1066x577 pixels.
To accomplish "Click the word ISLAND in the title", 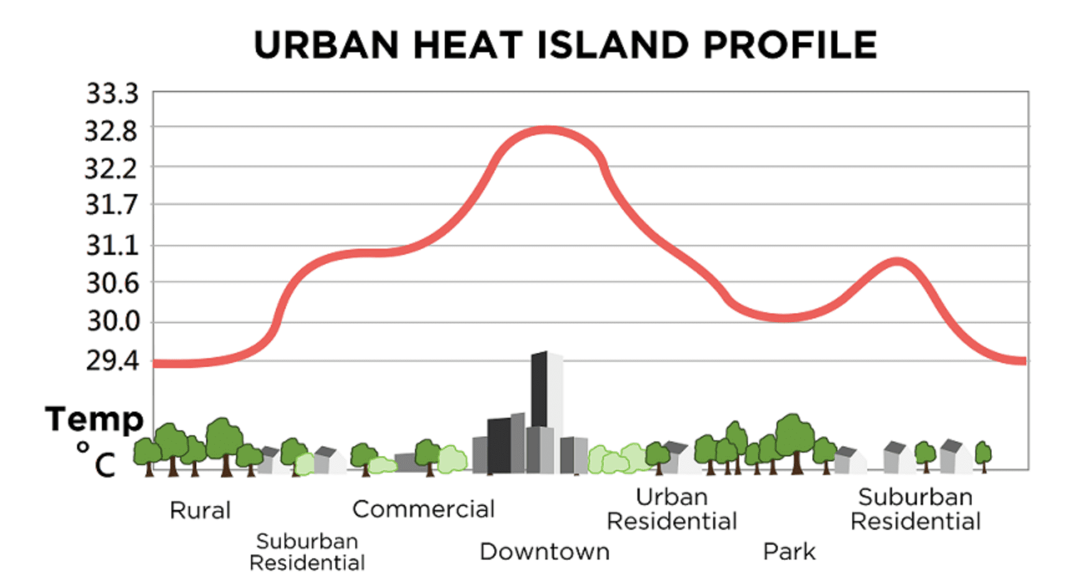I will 612,45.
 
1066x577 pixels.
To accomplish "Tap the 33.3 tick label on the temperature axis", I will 112,94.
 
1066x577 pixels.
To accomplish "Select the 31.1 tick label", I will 112,246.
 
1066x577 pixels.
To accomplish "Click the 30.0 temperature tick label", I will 113,321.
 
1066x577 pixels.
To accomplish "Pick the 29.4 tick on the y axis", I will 112,360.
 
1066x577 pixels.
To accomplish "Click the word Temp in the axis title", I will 94,419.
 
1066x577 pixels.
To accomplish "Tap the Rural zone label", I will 200,510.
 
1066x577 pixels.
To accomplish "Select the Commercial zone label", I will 423,509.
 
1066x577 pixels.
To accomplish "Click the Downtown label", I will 544,552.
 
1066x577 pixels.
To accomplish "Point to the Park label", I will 789,552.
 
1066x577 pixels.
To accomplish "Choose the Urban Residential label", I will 672,509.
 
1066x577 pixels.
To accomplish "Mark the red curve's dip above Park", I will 785,318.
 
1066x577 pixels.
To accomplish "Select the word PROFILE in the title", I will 790,45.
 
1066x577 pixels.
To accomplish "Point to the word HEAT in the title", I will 468,45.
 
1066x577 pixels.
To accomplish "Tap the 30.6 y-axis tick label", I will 112,284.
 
